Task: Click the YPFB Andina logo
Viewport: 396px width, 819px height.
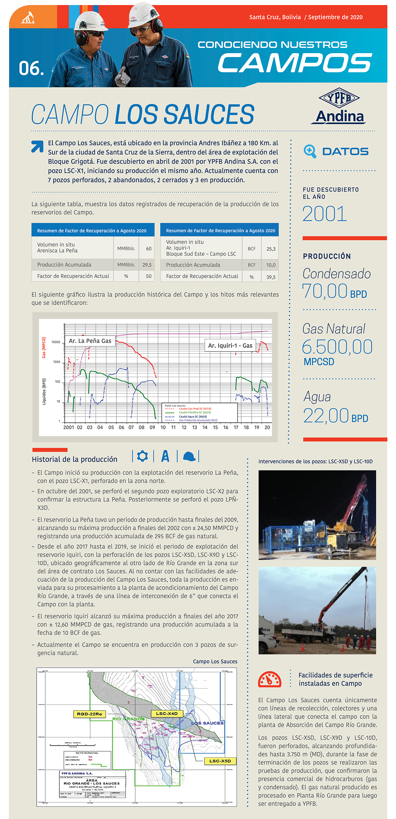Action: point(339,106)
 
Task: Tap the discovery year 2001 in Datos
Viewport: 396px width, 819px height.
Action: point(324,214)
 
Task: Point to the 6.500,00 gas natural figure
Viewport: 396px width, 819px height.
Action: point(337,347)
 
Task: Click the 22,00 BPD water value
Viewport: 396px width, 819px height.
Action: point(335,416)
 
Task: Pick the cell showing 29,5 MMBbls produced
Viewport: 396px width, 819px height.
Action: point(147,265)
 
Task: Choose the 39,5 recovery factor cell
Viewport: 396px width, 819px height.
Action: point(271,277)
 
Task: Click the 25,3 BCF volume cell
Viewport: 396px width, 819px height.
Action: point(271,249)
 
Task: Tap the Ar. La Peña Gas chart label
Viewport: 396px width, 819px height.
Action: point(90,341)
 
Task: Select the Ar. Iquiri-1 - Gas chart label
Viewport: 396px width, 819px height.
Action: point(230,346)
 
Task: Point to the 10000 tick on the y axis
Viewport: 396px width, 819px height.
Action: point(56,342)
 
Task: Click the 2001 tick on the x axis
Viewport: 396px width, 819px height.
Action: point(69,428)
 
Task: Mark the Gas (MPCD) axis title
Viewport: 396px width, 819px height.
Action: point(44,348)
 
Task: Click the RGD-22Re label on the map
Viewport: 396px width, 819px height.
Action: point(89,714)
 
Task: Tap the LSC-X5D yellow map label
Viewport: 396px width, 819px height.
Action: point(220,761)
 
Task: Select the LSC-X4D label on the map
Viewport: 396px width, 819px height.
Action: point(167,714)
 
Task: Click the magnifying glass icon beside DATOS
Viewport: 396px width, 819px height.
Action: point(310,151)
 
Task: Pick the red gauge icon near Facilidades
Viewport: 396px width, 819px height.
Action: point(270,680)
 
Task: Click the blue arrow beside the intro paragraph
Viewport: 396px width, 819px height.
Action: point(37,146)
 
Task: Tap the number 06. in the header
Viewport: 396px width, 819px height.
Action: point(31,68)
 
